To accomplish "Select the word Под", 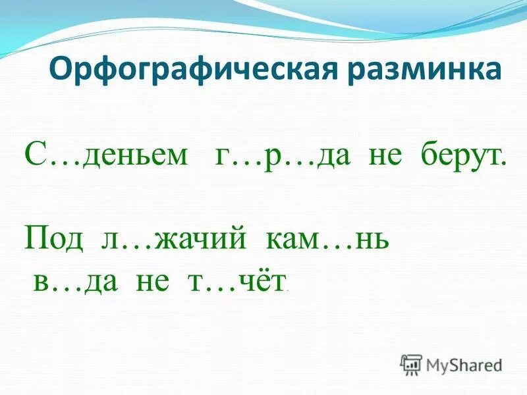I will (54, 237).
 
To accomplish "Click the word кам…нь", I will (327, 237).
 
